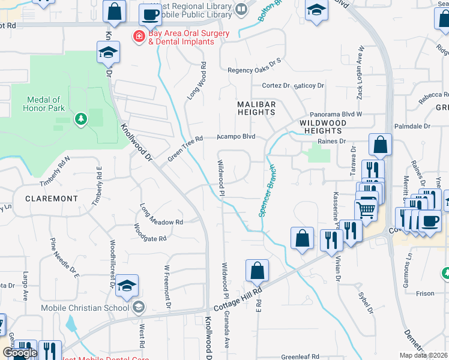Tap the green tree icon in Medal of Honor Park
(x=80, y=119)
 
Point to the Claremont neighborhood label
(x=52, y=198)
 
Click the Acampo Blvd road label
(x=237, y=137)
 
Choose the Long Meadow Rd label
(x=161, y=216)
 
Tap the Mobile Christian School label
(x=85, y=308)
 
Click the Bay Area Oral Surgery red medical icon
(x=139, y=37)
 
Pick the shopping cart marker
(x=366, y=210)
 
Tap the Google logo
(x=20, y=353)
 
